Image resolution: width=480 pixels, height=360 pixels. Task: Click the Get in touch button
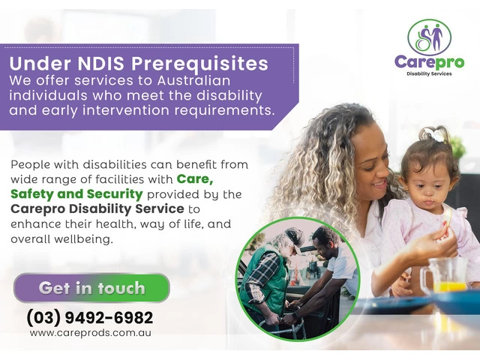click(91, 288)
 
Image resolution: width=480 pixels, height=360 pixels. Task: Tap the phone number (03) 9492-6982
click(90, 317)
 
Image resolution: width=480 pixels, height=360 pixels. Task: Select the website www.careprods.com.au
click(91, 333)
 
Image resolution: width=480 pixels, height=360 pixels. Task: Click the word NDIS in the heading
click(101, 63)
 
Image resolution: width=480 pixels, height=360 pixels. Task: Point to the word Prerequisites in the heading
click(199, 64)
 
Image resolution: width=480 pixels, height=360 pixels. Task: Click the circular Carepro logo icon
click(429, 37)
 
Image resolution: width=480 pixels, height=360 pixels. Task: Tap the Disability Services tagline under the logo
click(429, 73)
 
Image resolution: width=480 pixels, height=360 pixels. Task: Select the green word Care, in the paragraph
click(195, 179)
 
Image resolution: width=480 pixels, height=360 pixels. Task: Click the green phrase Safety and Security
click(76, 194)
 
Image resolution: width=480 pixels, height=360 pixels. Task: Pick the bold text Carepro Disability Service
click(97, 209)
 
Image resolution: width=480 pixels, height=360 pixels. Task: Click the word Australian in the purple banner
click(193, 80)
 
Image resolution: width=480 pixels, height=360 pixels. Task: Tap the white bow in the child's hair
click(434, 134)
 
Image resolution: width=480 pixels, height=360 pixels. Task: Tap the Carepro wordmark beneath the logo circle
click(429, 62)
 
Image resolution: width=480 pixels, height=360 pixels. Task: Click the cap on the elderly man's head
click(294, 237)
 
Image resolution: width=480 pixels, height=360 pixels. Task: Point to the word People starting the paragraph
click(30, 165)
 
